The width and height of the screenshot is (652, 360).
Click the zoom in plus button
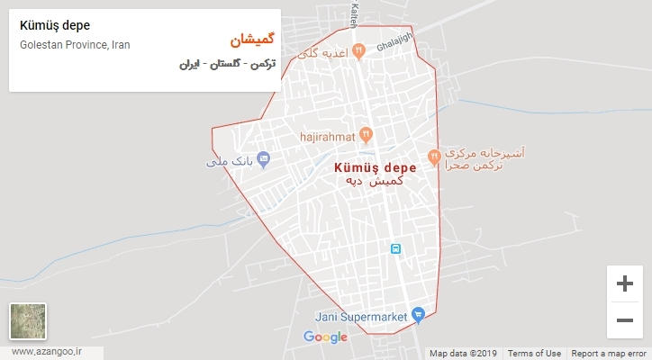click(x=623, y=283)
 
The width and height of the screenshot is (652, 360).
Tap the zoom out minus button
click(x=623, y=319)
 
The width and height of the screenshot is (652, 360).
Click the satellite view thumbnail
click(x=28, y=321)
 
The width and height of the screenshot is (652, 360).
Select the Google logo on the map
click(x=325, y=337)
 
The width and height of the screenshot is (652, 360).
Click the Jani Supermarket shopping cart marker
click(x=417, y=315)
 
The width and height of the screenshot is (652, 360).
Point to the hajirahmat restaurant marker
click(x=366, y=136)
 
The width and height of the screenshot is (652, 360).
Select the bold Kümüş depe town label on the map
click(x=375, y=167)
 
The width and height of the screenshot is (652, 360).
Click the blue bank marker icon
click(x=264, y=160)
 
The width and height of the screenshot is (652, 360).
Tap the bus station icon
click(x=394, y=247)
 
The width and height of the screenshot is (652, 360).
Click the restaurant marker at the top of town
click(x=359, y=50)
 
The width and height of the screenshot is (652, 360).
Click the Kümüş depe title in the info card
click(x=54, y=25)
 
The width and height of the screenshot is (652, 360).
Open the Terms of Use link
click(x=534, y=354)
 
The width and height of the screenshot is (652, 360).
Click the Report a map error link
click(x=610, y=354)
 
